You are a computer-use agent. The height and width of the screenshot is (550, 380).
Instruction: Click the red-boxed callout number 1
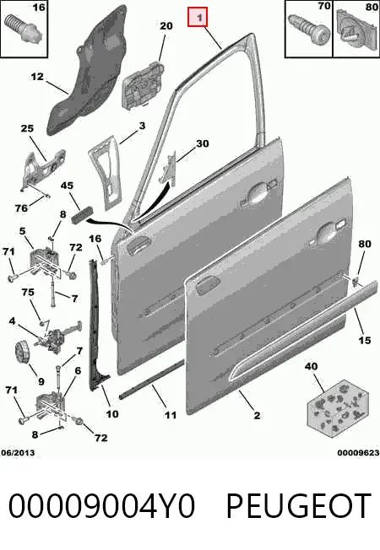[x=198, y=17]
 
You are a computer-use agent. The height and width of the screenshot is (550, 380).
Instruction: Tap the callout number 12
[x=37, y=77]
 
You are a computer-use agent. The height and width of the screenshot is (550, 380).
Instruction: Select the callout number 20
[x=166, y=26]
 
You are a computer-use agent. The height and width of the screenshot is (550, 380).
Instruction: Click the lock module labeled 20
[x=143, y=85]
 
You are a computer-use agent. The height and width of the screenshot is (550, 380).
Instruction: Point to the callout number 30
[x=203, y=143]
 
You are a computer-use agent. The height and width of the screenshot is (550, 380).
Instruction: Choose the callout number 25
[x=27, y=128]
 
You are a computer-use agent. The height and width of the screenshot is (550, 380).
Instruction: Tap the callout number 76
[x=21, y=208]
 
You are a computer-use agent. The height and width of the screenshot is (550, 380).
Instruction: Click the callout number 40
[x=311, y=367]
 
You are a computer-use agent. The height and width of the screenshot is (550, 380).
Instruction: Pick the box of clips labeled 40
[x=338, y=408]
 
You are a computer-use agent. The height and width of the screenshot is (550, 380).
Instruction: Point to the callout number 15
[x=365, y=340]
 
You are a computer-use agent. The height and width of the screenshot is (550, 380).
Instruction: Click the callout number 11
[x=171, y=415]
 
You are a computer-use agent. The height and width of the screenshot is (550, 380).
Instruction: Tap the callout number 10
[x=112, y=414]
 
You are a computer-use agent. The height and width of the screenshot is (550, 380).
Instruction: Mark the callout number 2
[x=257, y=415]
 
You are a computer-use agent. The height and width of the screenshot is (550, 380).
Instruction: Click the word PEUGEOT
[x=299, y=506]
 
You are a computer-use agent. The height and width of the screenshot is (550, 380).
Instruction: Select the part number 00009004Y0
[x=101, y=506]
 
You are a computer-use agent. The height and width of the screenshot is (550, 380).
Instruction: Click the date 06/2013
[x=18, y=453]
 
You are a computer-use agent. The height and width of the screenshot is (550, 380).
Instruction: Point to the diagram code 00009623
[x=358, y=453]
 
